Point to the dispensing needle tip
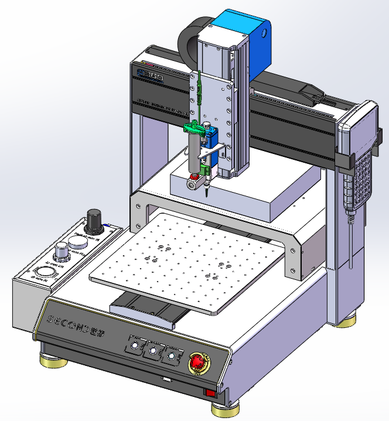point(208,194)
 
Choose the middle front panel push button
point(153,351)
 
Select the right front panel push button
point(172,355)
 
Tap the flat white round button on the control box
point(77,240)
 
